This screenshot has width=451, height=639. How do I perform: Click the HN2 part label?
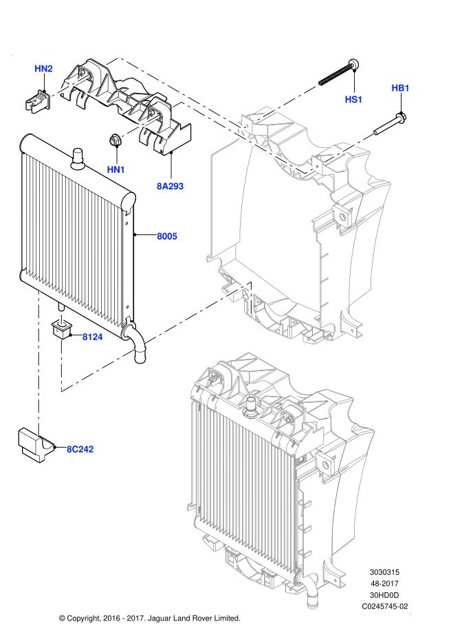click(x=43, y=69)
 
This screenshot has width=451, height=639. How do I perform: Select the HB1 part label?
click(x=400, y=88)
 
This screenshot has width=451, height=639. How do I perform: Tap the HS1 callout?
click(x=353, y=100)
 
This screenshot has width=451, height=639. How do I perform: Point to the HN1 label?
click(x=115, y=170)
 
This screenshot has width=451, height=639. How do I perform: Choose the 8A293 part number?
click(x=170, y=187)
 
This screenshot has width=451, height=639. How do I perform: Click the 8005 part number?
click(x=166, y=237)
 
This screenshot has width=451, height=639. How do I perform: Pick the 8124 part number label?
click(x=92, y=337)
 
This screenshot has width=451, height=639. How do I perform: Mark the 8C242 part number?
click(x=80, y=450)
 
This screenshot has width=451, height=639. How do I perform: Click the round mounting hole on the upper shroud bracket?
click(x=342, y=217)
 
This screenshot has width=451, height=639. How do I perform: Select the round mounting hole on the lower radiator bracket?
click(x=325, y=465)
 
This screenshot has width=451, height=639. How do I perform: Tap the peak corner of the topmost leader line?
click(x=120, y=56)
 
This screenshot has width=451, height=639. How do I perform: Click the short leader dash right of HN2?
click(x=71, y=85)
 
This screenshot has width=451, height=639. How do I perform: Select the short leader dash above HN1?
click(x=141, y=126)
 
